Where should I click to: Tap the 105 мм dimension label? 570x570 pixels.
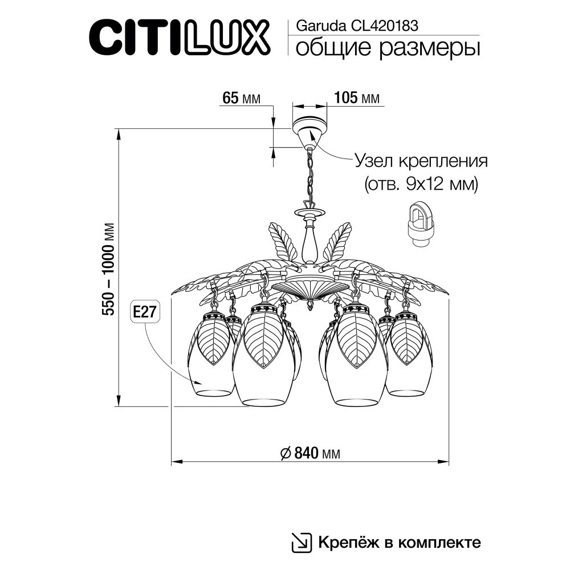(356, 98)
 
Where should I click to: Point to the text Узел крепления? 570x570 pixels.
(421, 160)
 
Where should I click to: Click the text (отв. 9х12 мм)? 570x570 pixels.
(421, 184)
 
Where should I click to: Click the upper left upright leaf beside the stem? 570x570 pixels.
(283, 242)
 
